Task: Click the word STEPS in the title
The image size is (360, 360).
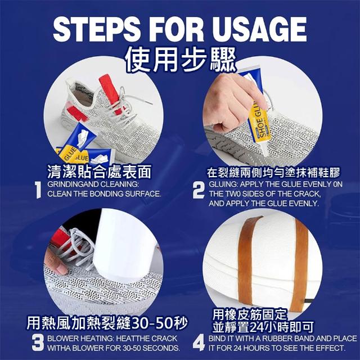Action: point(96,29)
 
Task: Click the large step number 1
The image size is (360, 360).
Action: point(38,190)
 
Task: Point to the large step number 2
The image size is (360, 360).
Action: point(199,190)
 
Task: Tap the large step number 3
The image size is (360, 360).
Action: point(38,343)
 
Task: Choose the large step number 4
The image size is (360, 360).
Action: point(199,343)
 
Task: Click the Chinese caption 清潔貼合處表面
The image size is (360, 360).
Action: point(99,172)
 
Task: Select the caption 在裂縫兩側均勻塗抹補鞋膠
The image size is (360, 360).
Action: point(273,173)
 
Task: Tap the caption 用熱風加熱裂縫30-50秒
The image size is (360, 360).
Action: point(107,323)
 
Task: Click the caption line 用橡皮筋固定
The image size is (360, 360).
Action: point(250,314)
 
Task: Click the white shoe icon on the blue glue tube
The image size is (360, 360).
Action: point(83,138)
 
